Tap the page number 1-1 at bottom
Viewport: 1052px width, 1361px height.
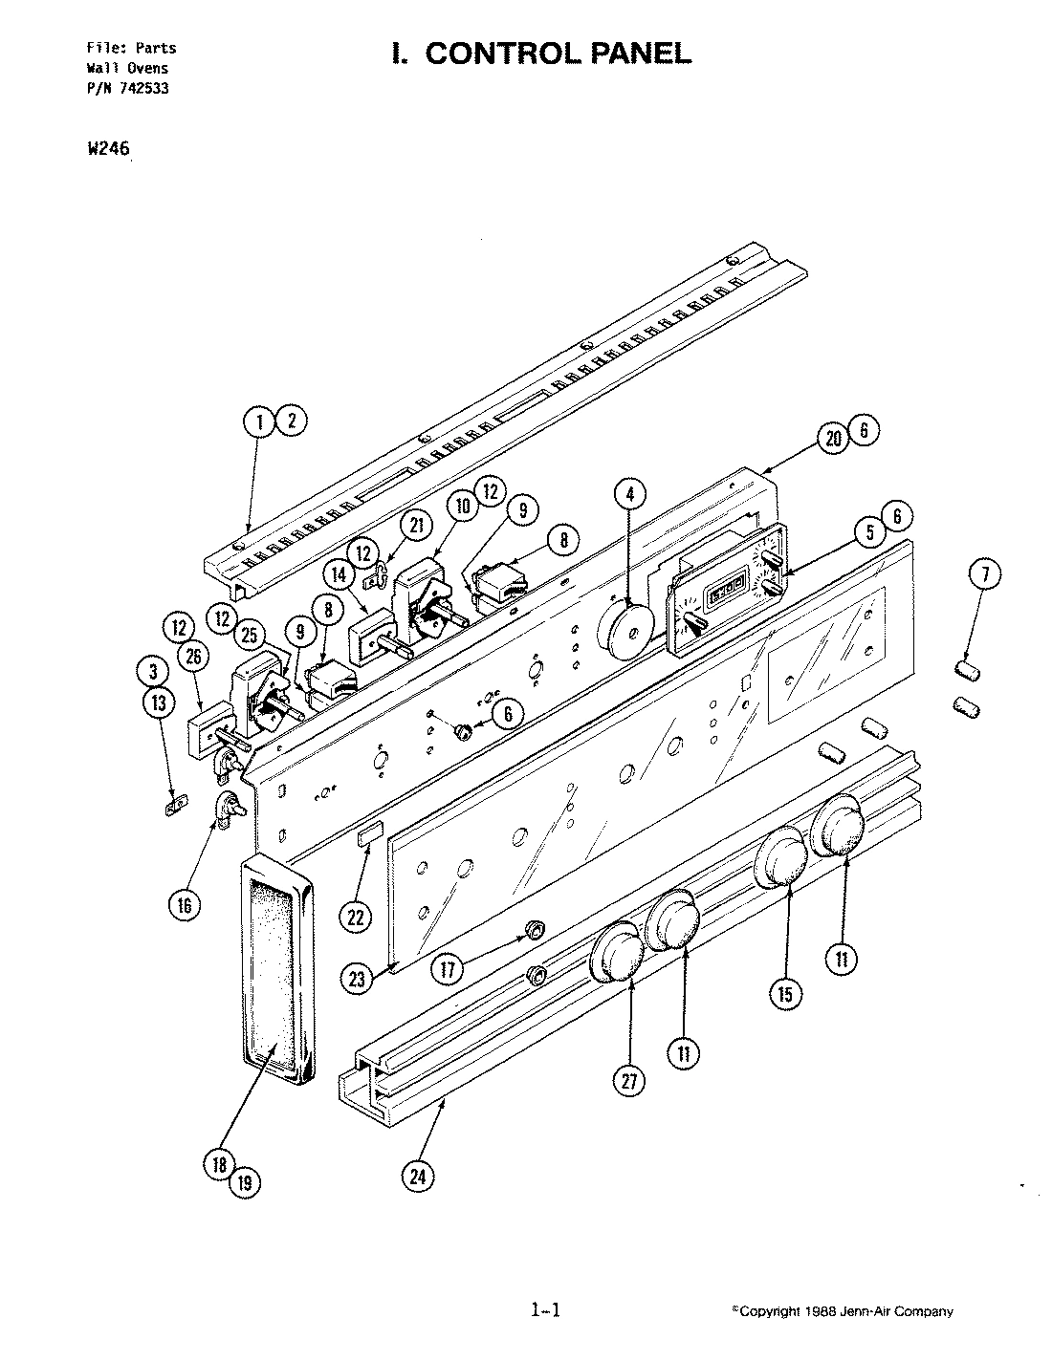click(x=544, y=1310)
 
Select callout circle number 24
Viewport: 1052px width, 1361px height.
click(x=417, y=1177)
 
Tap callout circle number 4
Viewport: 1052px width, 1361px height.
click(x=629, y=494)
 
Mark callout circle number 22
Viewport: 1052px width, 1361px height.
click(x=356, y=917)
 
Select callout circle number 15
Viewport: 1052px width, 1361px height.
click(x=784, y=994)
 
